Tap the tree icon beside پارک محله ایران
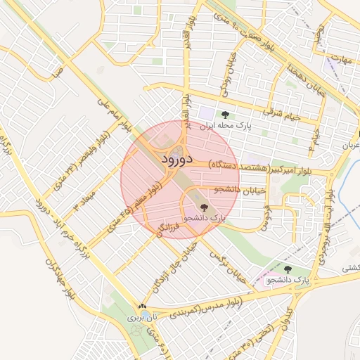[x=225, y=114]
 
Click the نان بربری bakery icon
[x=143, y=307]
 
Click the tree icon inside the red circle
[x=204, y=207]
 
